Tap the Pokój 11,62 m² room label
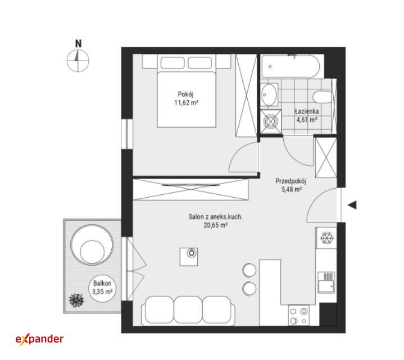[186, 98]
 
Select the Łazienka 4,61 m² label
[307, 115]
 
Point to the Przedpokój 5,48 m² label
[291, 185]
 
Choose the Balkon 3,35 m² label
[102, 288]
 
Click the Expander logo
[39, 339]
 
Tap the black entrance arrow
[352, 205]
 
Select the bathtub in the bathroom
[290, 66]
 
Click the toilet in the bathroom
[323, 97]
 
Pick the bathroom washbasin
[269, 94]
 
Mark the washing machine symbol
[270, 121]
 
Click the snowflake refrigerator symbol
[327, 238]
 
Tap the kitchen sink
[326, 282]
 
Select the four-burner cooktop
[299, 316]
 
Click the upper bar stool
[249, 270]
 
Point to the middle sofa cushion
[188, 310]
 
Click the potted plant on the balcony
[76, 300]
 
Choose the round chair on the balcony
[92, 244]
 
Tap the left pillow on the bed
[173, 62]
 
